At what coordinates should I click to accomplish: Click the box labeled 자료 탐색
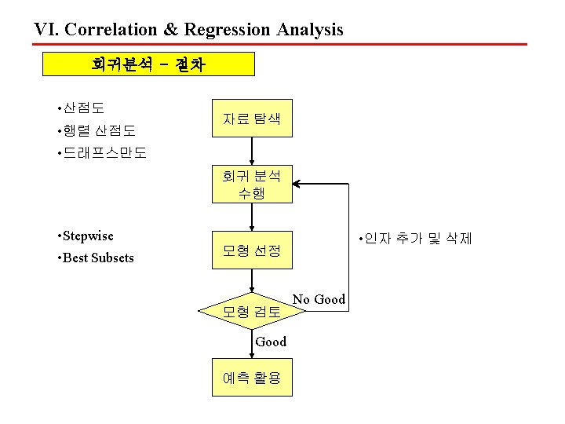pos(251,119)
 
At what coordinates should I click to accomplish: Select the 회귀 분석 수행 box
pos(251,184)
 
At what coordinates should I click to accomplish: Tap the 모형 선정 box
pos(251,250)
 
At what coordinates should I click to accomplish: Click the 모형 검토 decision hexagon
pos(251,312)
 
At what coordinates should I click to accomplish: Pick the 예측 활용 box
pos(251,378)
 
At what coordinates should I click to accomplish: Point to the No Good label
pos(319,299)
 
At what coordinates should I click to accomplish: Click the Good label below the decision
pos(272,342)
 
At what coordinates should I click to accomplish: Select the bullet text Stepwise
pos(87,236)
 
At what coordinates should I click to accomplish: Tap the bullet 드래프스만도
pos(104,152)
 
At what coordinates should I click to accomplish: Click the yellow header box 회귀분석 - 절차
pos(148,64)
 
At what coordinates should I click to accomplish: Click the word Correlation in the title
pos(113,30)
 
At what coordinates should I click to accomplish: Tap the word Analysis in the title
pos(309,30)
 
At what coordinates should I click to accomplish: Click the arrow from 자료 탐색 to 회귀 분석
pos(251,152)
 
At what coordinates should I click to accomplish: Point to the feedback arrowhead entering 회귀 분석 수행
pos(298,184)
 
